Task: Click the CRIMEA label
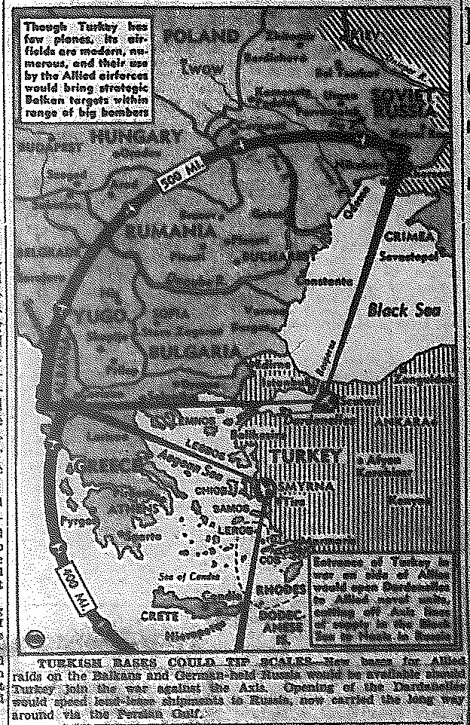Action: (409, 237)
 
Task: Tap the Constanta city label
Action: (324, 281)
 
